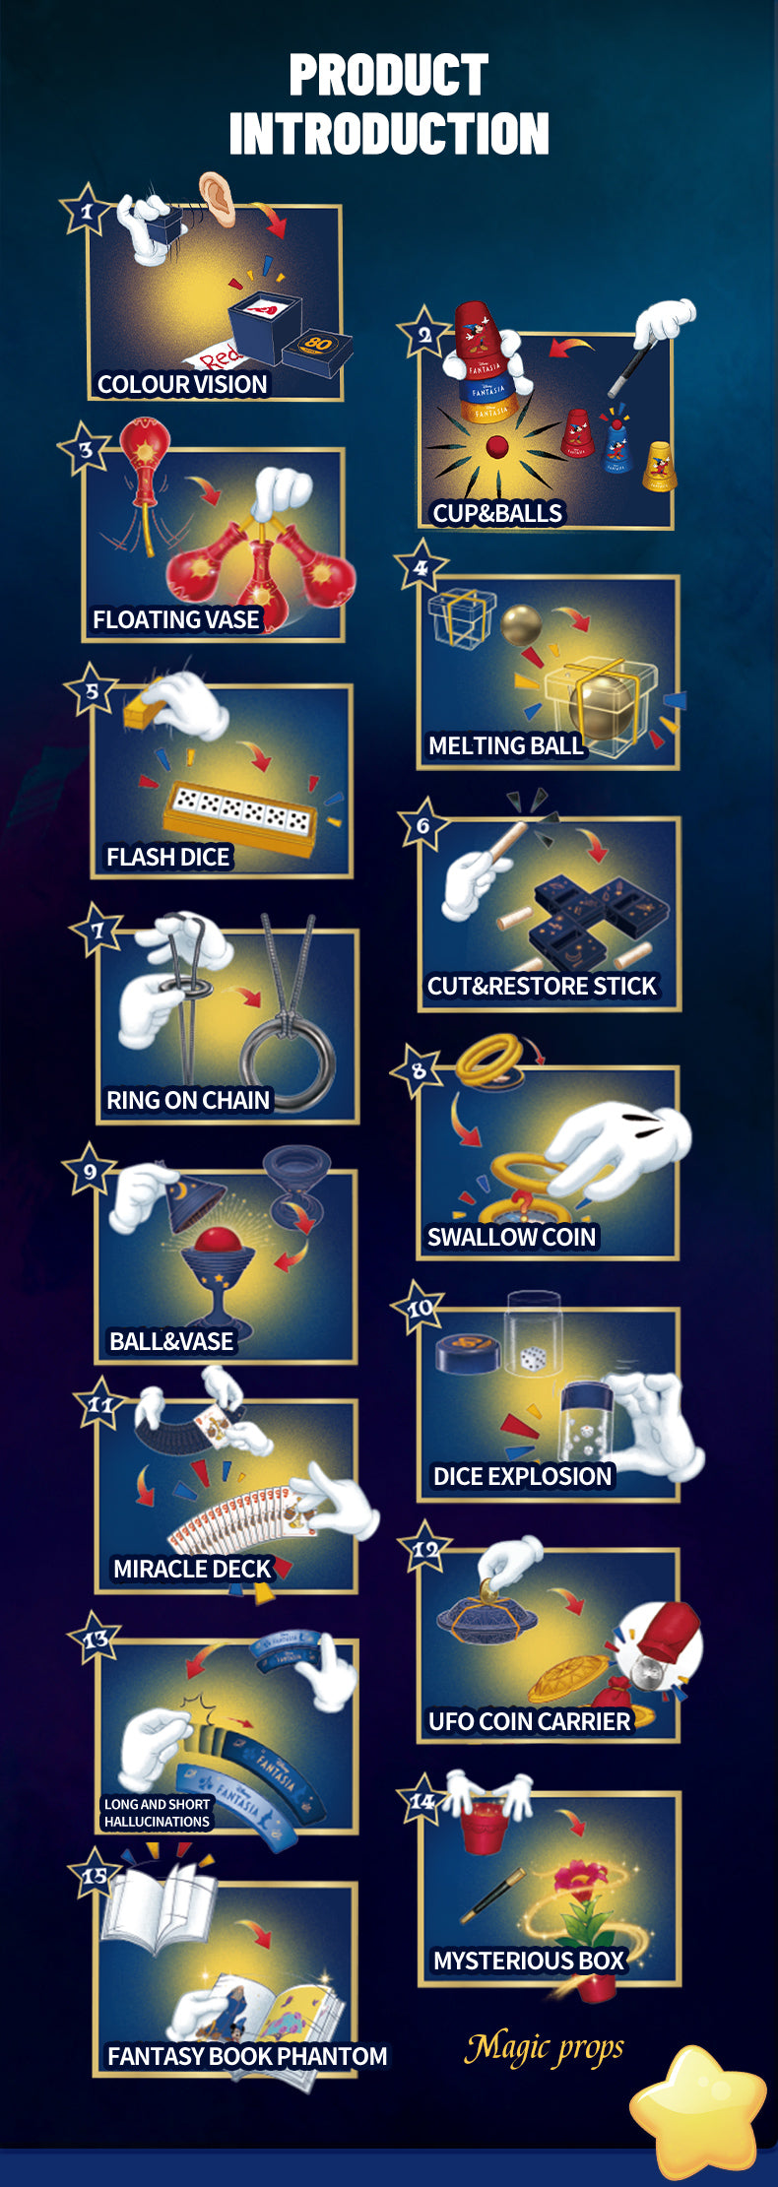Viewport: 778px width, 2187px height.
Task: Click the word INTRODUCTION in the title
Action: [x=389, y=134]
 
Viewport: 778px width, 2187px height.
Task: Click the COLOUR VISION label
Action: [x=182, y=384]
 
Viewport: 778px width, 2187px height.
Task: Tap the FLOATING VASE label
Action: [x=176, y=619]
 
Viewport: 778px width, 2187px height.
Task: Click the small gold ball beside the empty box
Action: [x=521, y=624]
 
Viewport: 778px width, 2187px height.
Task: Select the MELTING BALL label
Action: [x=505, y=745]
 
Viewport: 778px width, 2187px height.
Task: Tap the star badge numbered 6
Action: [x=423, y=825]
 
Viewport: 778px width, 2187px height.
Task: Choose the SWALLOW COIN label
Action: [x=511, y=1237]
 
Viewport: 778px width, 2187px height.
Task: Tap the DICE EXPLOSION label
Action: [x=523, y=1476]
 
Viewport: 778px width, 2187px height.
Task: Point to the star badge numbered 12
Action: [x=425, y=1549]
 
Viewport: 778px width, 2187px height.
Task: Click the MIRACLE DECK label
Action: [x=192, y=1569]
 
